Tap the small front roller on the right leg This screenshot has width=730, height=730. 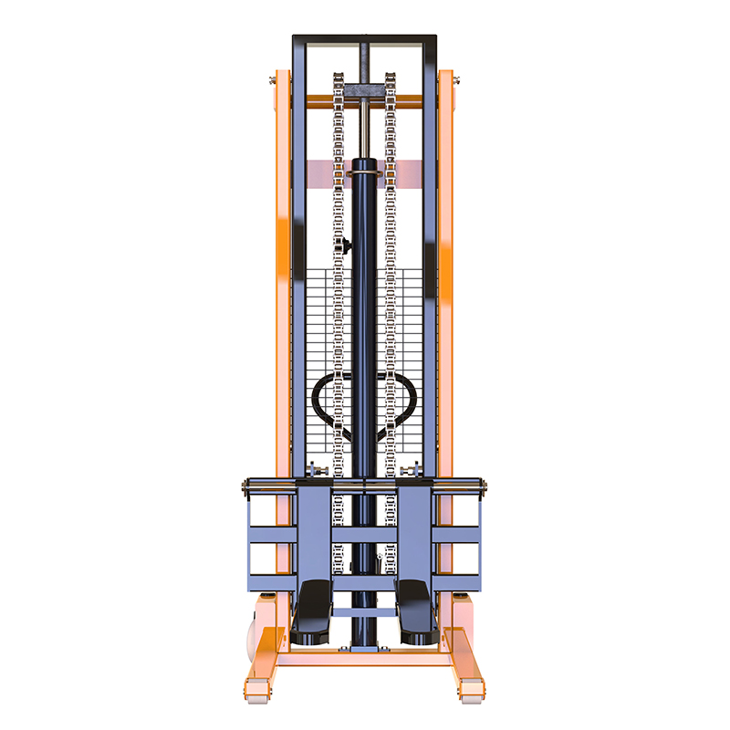471,693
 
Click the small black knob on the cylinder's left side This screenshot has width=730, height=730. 346,245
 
